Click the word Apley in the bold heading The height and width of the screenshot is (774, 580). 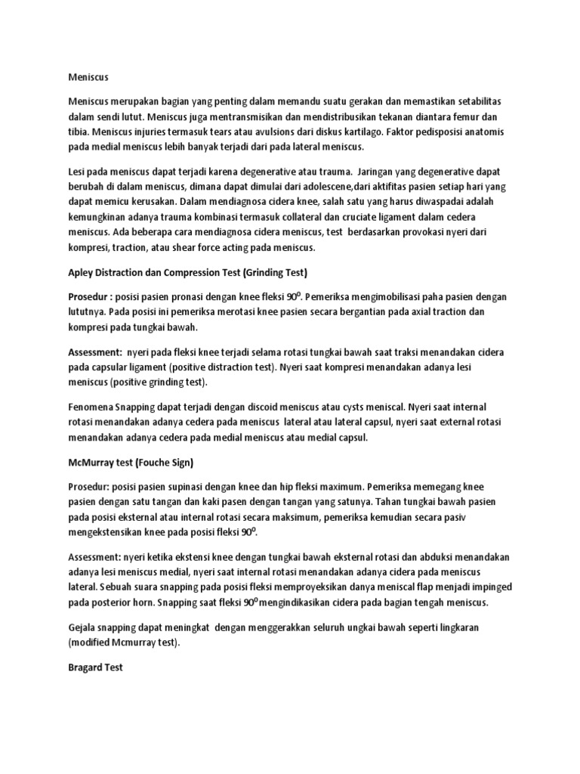coord(82,271)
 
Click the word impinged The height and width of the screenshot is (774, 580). coord(491,587)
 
